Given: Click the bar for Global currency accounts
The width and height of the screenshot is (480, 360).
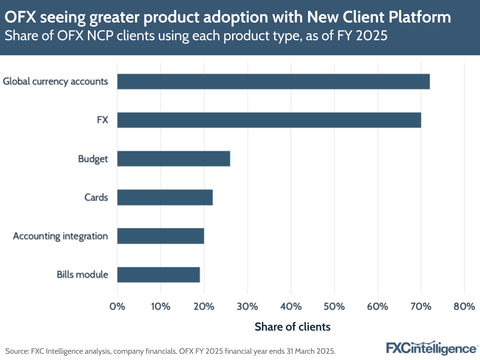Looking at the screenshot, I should point(273,82).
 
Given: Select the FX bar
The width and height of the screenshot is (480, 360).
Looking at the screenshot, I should point(269,120).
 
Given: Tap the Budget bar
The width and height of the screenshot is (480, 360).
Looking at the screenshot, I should point(173,159).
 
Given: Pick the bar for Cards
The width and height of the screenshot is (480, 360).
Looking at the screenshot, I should point(165,198).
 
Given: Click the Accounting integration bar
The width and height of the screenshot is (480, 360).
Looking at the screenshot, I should point(160,236).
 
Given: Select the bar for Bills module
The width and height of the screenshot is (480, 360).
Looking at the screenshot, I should point(159,275).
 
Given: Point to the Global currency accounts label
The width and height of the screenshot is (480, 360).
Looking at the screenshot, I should point(55,81).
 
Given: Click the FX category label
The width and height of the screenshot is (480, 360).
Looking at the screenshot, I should point(102,120).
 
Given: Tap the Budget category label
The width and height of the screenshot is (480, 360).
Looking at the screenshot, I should point(93,159).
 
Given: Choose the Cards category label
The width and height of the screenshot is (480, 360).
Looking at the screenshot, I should point(96,198).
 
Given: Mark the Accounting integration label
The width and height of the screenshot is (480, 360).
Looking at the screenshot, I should point(61,236).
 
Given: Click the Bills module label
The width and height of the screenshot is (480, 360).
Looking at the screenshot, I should point(82,275).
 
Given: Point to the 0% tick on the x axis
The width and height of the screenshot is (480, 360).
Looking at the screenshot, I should point(117,306).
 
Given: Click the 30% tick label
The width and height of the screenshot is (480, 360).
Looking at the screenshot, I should point(247,306).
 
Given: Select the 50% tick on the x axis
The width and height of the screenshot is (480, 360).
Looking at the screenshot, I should point(334,306).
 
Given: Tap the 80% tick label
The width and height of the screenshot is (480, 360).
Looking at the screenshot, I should point(464,306).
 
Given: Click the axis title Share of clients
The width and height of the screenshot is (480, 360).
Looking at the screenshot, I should point(292,327).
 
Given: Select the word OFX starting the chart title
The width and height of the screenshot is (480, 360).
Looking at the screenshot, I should point(20,18).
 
